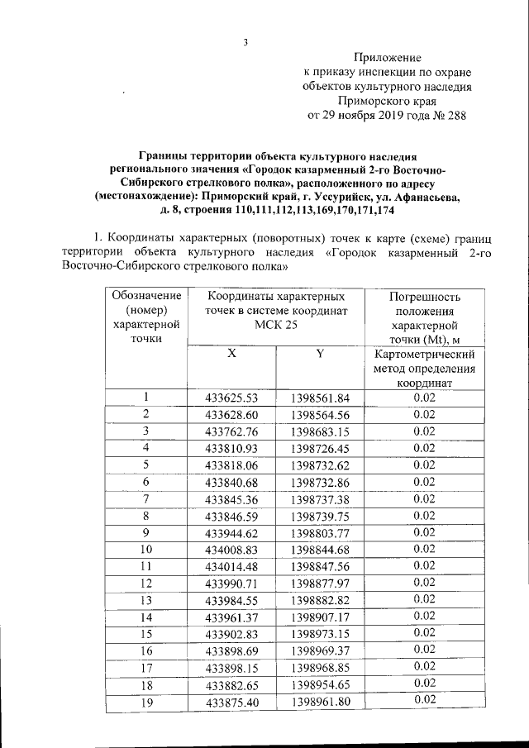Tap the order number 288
(455, 116)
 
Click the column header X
(231, 355)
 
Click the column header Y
(319, 355)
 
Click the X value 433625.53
(231, 398)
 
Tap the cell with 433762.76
(231, 431)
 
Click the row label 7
(145, 498)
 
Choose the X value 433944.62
(231, 532)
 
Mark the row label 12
(145, 583)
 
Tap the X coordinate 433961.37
(231, 617)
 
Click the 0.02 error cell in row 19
(424, 700)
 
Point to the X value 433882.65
(231, 684)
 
